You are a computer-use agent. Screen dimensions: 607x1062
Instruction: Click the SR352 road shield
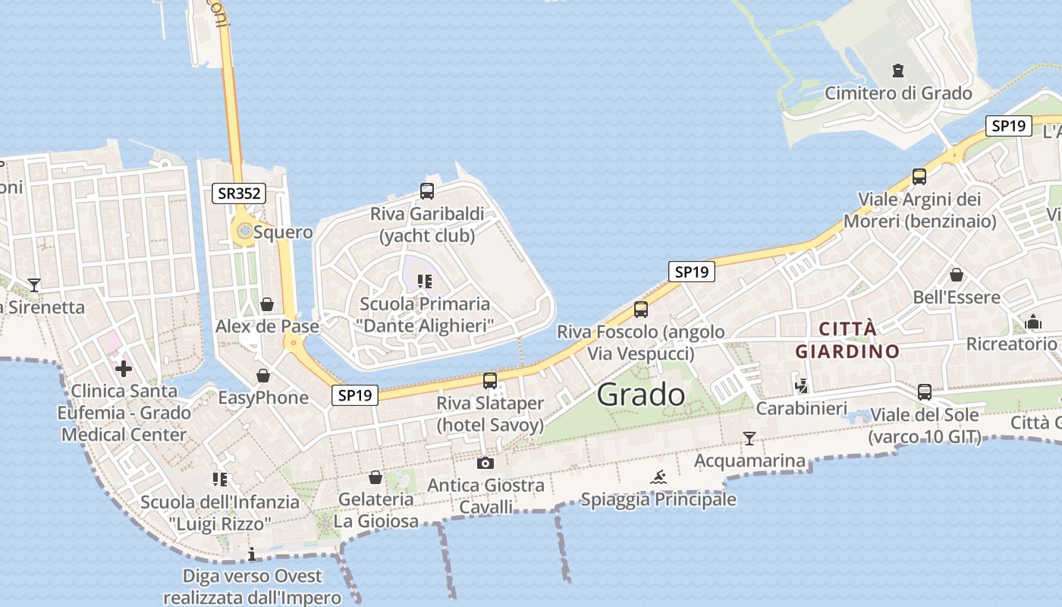coord(239,193)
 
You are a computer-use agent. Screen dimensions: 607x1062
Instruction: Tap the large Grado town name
coord(641,395)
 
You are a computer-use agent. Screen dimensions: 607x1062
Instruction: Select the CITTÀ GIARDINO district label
coord(847,340)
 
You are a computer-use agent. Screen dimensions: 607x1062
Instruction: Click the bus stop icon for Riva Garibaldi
coord(427,191)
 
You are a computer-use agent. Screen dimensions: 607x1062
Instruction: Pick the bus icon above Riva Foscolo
coord(641,309)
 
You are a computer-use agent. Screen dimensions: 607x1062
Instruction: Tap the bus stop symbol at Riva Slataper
coord(490,380)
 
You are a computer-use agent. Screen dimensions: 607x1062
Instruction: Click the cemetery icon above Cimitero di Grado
coord(899,71)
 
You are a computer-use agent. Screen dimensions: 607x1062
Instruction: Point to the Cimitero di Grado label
coord(898,93)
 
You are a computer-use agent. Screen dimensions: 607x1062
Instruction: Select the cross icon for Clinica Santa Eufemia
coord(123,369)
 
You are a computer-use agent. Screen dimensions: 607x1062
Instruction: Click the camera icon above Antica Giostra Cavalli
coord(485,463)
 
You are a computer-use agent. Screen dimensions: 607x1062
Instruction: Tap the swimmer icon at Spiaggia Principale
coord(658,477)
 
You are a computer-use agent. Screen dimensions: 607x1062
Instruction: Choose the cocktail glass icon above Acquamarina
coord(749,438)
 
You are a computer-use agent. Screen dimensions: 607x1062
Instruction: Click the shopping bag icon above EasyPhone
coord(263,376)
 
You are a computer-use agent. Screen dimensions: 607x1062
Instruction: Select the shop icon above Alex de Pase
coord(267,305)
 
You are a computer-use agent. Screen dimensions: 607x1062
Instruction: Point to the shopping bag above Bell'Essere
coord(957,274)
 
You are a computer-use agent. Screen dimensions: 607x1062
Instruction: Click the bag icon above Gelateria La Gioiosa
coord(375,477)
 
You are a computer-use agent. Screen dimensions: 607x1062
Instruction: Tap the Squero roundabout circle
coord(244,230)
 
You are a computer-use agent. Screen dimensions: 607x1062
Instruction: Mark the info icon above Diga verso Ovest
coord(252,555)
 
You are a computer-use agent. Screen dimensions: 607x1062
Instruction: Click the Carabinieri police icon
coord(801,386)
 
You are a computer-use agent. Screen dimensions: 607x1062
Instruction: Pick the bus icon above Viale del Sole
coord(925,392)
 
